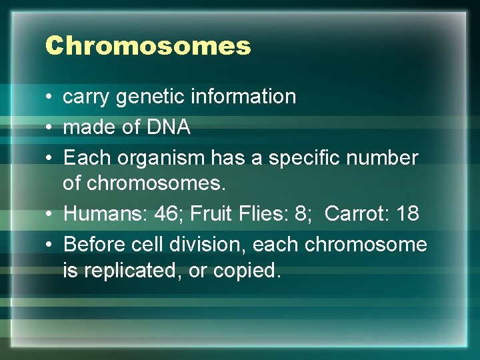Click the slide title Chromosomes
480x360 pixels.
(148, 46)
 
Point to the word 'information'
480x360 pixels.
(243, 97)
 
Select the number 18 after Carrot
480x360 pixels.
(407, 213)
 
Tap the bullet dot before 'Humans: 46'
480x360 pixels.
(50, 214)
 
